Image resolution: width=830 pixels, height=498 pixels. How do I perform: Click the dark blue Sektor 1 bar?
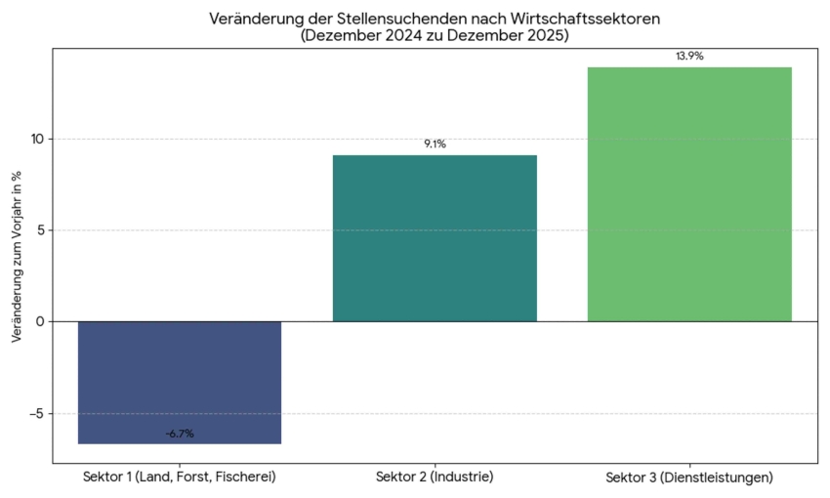[180, 382]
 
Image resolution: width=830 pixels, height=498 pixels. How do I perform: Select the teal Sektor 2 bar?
[435, 238]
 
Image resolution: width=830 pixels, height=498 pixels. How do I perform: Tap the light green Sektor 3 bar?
[689, 194]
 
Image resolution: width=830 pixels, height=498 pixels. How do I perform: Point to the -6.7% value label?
[180, 434]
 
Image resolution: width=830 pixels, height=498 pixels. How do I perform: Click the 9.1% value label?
[435, 145]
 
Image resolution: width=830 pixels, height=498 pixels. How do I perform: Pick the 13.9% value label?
[689, 57]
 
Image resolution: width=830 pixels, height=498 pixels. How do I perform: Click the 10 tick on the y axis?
[37, 139]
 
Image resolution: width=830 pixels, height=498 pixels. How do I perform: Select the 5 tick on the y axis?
[41, 230]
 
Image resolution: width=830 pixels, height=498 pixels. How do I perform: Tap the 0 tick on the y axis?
[41, 321]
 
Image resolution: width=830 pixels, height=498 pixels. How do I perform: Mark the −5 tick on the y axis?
[35, 413]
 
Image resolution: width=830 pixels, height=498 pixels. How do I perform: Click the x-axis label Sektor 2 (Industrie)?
[435, 477]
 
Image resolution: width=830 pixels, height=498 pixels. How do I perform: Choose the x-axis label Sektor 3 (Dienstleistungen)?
[689, 477]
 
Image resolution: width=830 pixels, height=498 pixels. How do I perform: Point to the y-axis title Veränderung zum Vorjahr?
[17, 256]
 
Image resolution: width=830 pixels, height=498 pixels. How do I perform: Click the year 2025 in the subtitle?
[546, 36]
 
